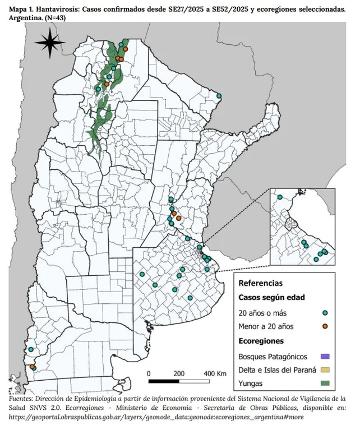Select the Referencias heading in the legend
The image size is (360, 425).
(x=260, y=283)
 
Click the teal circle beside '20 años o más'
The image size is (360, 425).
(x=325, y=312)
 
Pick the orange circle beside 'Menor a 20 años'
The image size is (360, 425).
(x=325, y=326)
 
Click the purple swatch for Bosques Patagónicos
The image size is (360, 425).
(x=325, y=356)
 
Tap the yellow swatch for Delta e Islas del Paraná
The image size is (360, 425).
(x=325, y=370)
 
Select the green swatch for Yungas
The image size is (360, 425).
(x=325, y=384)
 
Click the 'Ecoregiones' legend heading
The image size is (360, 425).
(x=261, y=341)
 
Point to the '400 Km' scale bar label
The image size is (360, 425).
(x=214, y=373)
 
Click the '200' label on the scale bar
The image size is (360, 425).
(x=179, y=373)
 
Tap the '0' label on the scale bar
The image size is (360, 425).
(x=149, y=373)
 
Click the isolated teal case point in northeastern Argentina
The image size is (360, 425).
(x=219, y=96)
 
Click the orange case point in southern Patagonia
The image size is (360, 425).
(x=32, y=367)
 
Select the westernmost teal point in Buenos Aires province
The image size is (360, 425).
(x=142, y=274)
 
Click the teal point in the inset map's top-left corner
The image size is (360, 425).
(x=280, y=197)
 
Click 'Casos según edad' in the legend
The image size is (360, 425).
(x=271, y=298)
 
